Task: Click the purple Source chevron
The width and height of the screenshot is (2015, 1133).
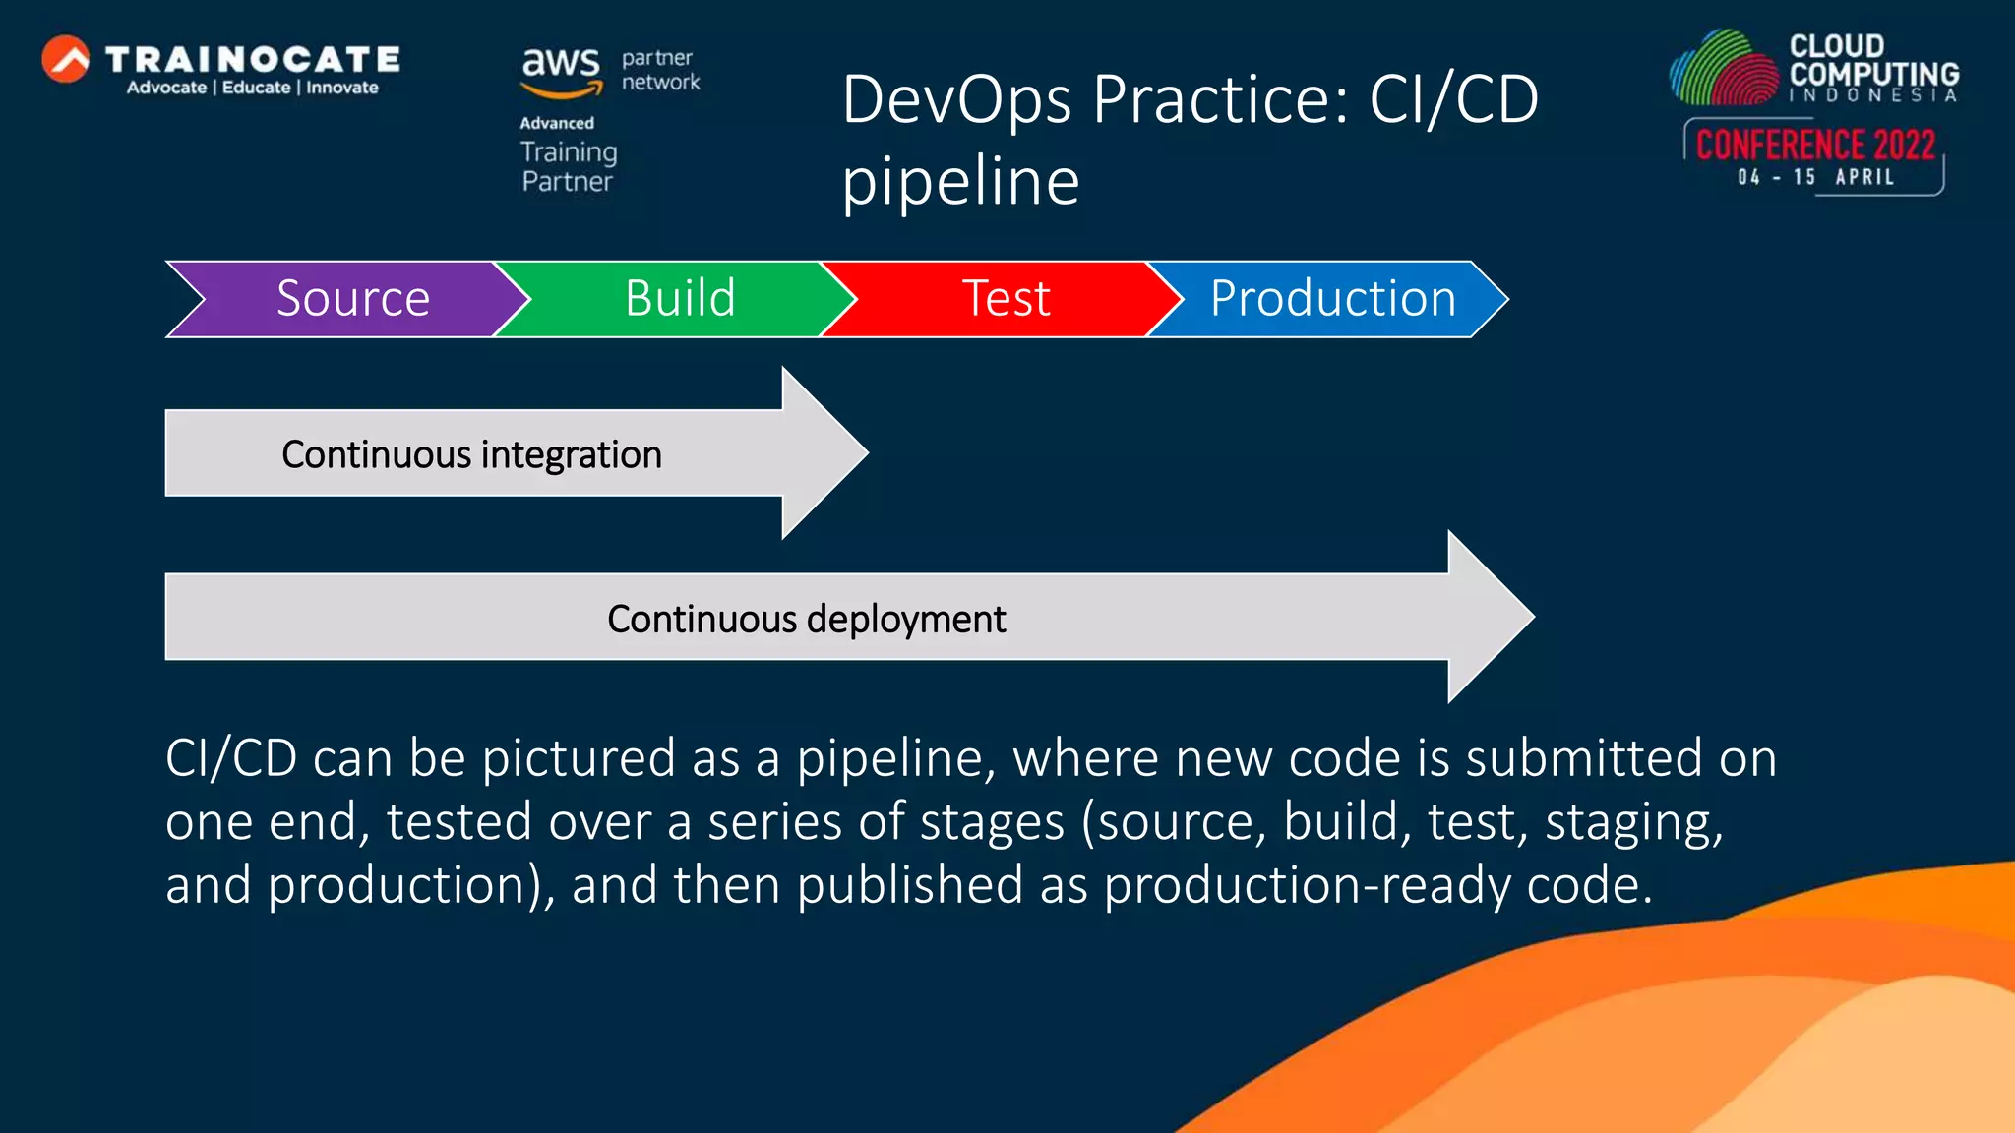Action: coord(352,299)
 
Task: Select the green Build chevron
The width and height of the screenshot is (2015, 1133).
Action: coord(679,299)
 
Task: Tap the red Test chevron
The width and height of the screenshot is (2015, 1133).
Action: coord(1006,299)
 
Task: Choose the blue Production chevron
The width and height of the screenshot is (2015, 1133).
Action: coord(1332,299)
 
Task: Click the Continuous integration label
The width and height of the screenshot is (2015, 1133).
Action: coord(471,454)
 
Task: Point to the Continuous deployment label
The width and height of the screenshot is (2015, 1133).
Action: coord(806,619)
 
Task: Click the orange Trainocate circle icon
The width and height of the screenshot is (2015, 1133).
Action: coord(66,59)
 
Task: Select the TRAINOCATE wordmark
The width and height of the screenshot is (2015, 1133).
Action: coord(253,59)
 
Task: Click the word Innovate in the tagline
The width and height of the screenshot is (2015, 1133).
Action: coord(341,88)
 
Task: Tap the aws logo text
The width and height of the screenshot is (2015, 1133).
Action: coord(560,65)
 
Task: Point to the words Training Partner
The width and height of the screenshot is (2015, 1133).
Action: coord(569,166)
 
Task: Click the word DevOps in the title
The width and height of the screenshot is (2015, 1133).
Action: coord(955,99)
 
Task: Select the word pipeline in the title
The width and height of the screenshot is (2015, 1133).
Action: coord(960,182)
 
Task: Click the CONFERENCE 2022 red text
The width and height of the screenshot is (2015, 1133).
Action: coord(1815,146)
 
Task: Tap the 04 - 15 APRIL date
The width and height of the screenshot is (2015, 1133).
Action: coord(1815,177)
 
